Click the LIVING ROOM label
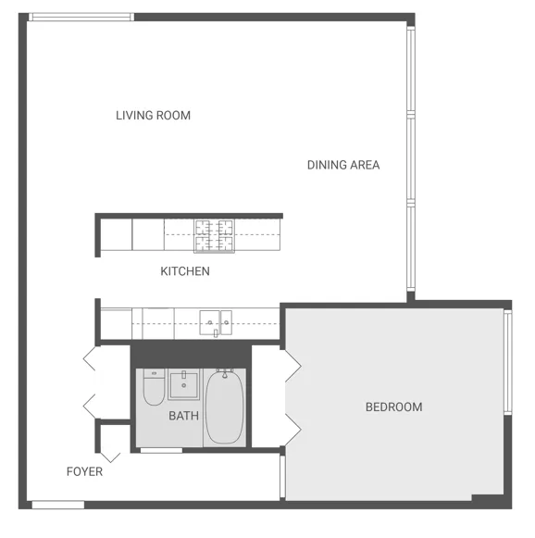pos(153,116)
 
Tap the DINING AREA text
pos(343,165)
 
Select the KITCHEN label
pos(185,271)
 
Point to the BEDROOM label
pos(393,407)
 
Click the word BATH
pos(183,416)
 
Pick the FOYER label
pos(84,471)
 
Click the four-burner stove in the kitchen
pos(214,235)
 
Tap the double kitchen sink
pos(216,322)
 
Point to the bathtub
pos(224,407)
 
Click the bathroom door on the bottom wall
pos(160,450)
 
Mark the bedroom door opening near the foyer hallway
pos(281,476)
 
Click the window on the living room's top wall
pos(81,17)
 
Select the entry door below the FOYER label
pos(57,505)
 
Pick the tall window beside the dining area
pos(409,157)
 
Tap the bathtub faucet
pos(223,374)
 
